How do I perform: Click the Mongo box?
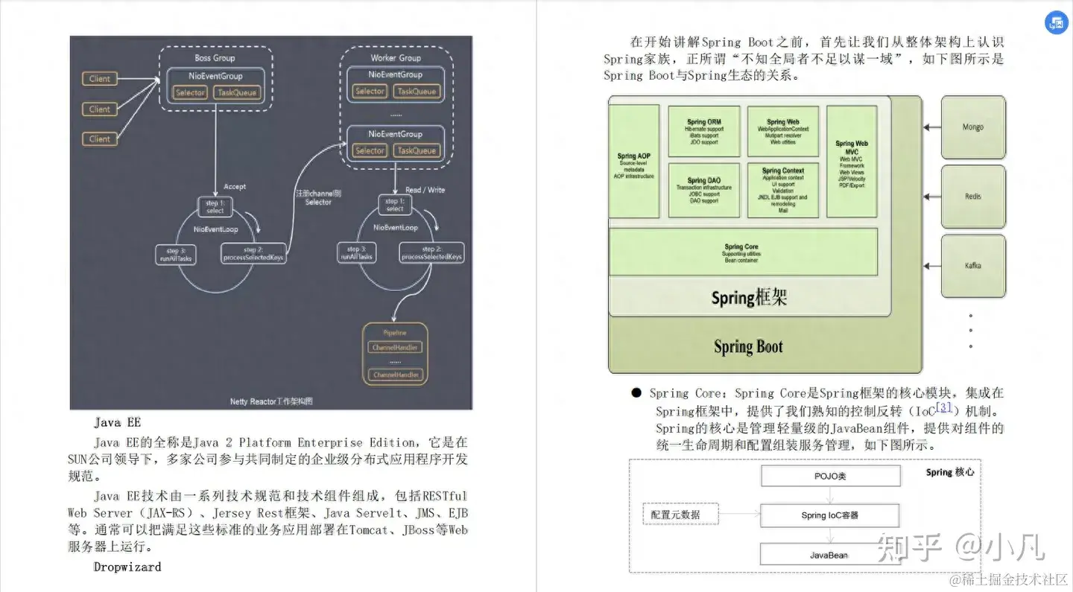972,127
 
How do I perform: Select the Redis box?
972,197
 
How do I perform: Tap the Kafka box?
972,265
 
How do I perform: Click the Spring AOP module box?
634,161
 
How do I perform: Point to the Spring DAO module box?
703,190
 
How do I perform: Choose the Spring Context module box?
782,190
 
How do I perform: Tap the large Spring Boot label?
748,347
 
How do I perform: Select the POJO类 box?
829,476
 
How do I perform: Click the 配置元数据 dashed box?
675,515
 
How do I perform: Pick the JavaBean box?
829,555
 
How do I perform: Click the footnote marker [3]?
945,407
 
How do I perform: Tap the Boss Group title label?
215,58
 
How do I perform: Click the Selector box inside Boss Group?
190,92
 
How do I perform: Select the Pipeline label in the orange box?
395,332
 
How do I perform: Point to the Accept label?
235,186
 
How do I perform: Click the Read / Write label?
425,190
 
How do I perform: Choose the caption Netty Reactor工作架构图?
271,401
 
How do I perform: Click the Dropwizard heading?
127,567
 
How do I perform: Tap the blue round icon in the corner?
1056,22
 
